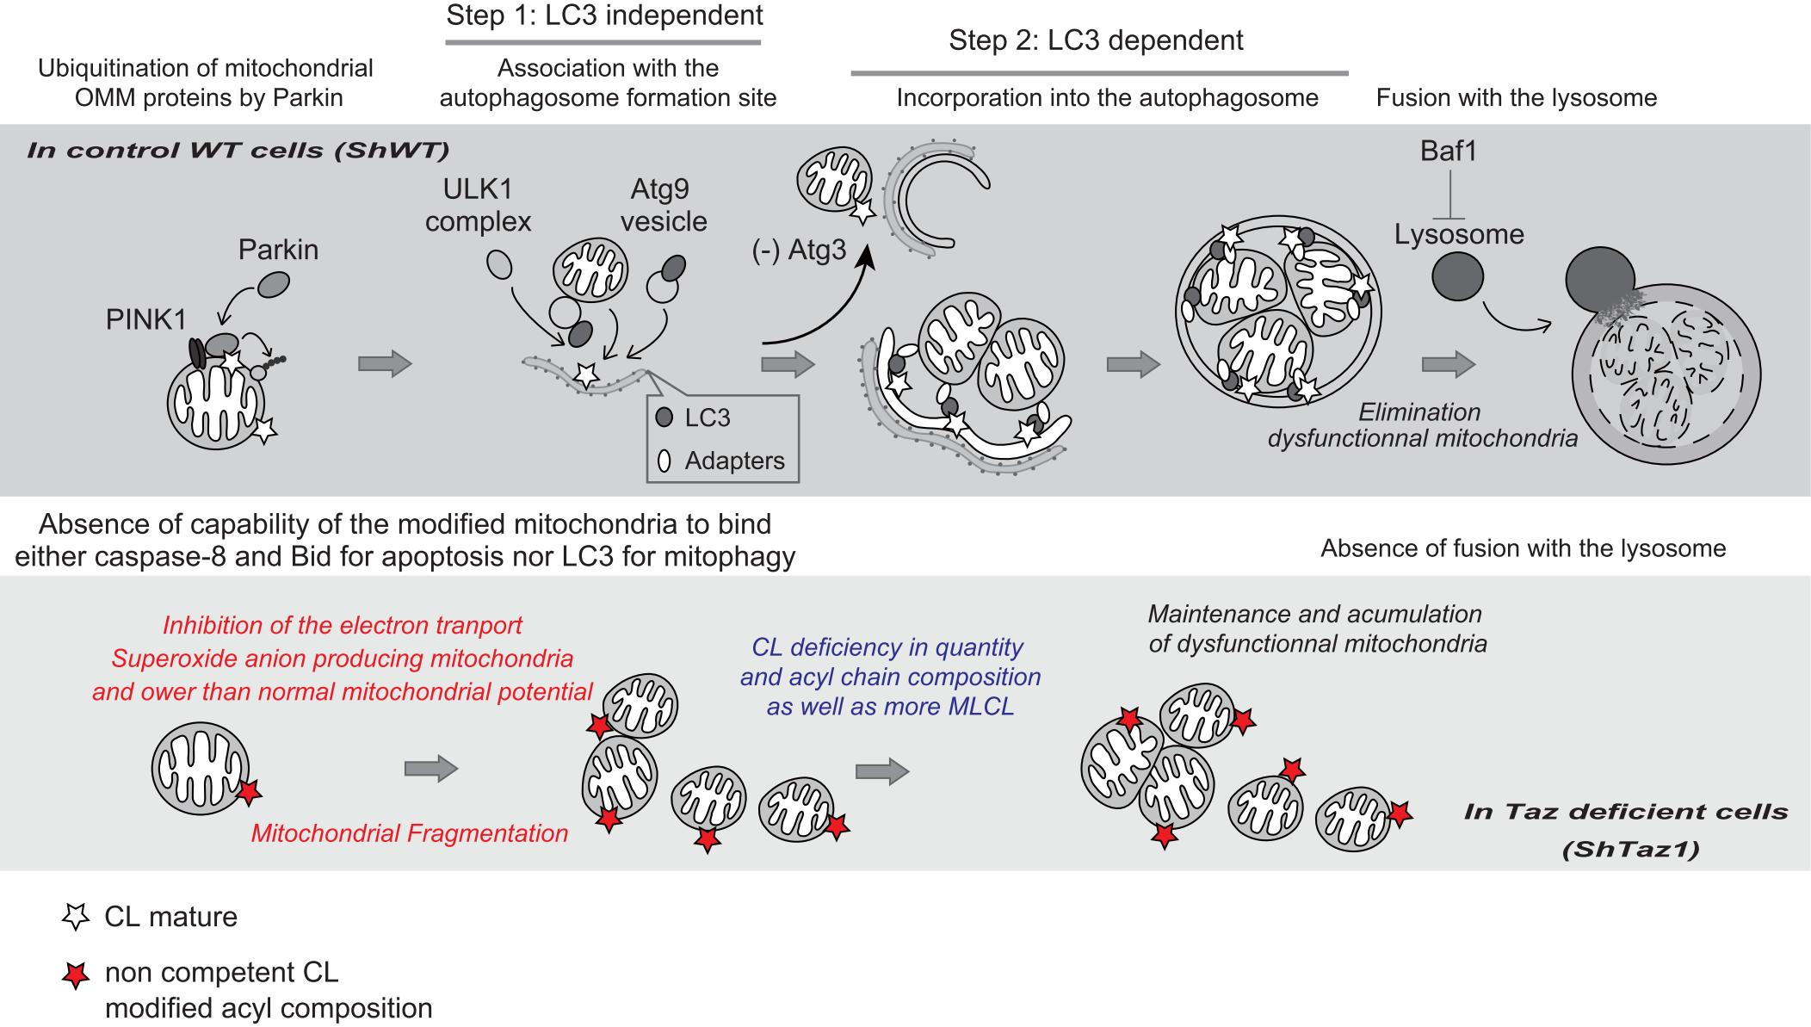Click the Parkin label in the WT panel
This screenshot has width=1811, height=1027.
pyautogui.click(x=277, y=250)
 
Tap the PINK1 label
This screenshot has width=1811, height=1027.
pyautogui.click(x=145, y=320)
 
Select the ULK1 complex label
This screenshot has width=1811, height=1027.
pyautogui.click(x=478, y=205)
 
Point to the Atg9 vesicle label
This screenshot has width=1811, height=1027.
pyautogui.click(x=663, y=205)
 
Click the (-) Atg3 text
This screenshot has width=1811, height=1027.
pyautogui.click(x=798, y=251)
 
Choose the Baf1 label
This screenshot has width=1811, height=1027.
pyautogui.click(x=1448, y=152)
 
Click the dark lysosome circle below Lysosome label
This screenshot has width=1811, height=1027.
pyautogui.click(x=1457, y=277)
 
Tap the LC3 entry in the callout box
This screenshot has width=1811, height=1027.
pyautogui.click(x=707, y=418)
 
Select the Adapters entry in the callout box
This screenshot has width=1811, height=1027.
pyautogui.click(x=733, y=461)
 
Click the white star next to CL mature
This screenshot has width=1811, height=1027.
pyautogui.click(x=77, y=917)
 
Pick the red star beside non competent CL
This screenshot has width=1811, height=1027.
pyautogui.click(x=77, y=975)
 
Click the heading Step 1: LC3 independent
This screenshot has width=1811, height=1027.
pyautogui.click(x=604, y=15)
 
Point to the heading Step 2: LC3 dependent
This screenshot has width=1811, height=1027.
pyautogui.click(x=1096, y=40)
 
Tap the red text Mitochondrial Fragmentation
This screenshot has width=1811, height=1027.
pyautogui.click(x=410, y=833)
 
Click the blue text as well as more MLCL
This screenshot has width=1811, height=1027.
pyautogui.click(x=890, y=708)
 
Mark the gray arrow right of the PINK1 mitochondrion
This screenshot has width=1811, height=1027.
pyautogui.click(x=385, y=364)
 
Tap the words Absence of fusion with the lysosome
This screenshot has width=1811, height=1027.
pyautogui.click(x=1523, y=549)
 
